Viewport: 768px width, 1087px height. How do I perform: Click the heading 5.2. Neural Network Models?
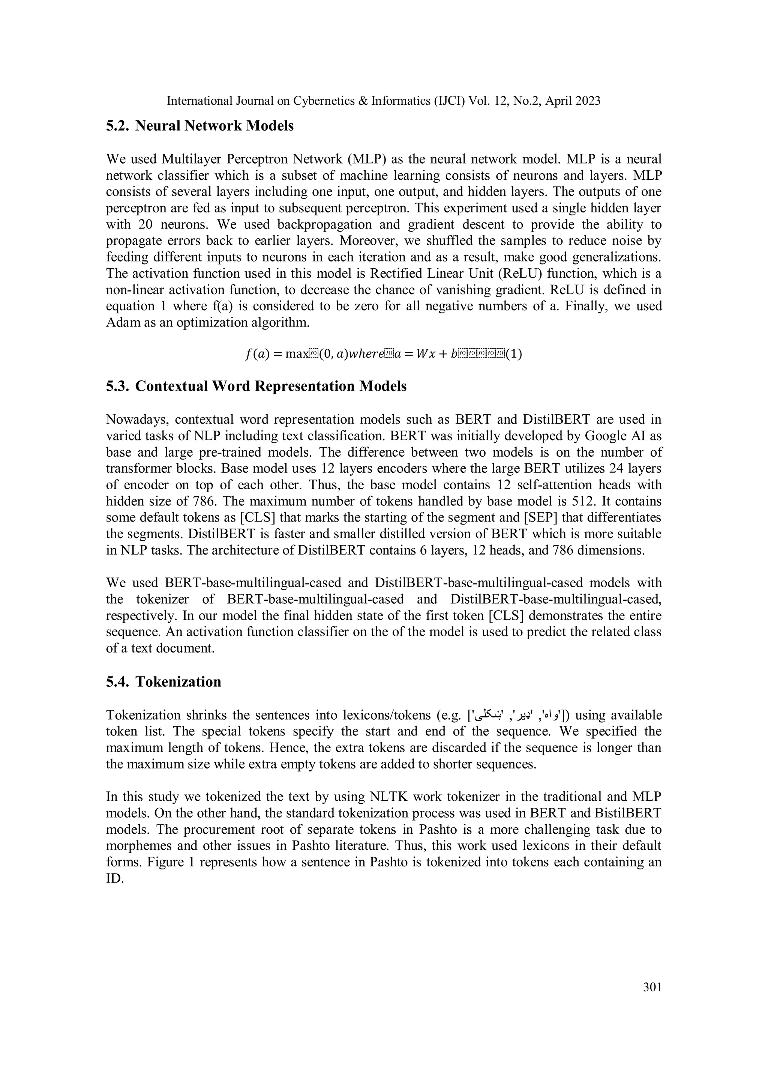200,126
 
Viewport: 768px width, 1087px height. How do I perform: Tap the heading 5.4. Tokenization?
164,681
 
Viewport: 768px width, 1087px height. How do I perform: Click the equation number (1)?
514,354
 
